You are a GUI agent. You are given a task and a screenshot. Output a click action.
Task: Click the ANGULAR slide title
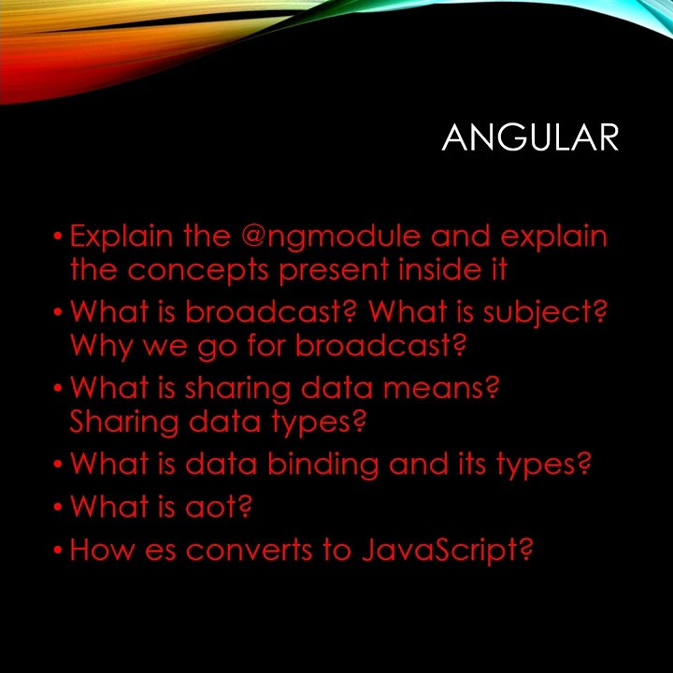[530, 137]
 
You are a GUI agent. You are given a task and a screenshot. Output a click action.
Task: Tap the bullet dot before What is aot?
[58, 508]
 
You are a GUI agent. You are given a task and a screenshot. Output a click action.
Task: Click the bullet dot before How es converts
[58, 549]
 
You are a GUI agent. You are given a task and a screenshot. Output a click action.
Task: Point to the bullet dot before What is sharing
[58, 387]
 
